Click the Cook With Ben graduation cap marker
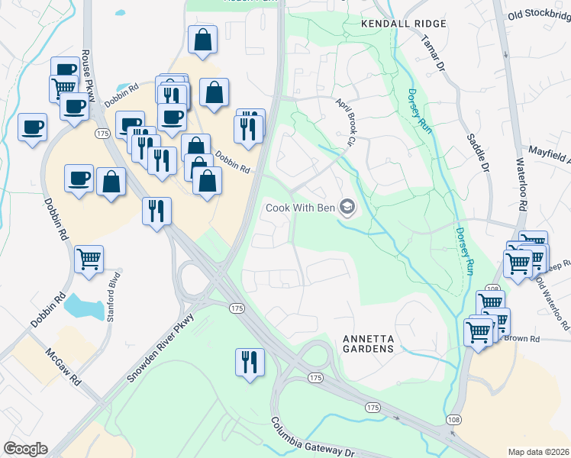pos(348,207)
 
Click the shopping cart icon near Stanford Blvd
pos(89,260)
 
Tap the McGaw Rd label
pos(64,366)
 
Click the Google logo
pos(24,449)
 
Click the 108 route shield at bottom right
pos(453,421)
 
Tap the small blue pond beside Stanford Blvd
pos(85,307)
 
